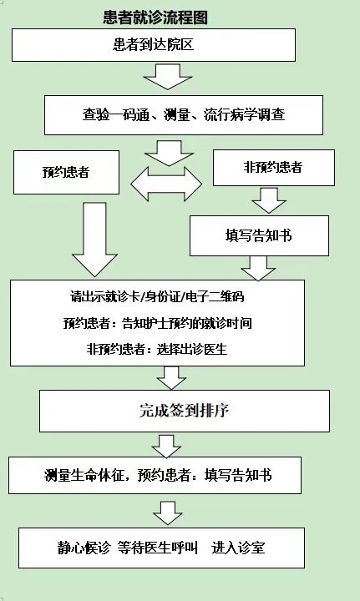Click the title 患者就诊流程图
pos(155,18)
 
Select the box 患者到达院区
pos(154,45)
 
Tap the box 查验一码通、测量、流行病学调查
pos(184,115)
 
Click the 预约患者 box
pos(66,172)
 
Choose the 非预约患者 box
pos(274,168)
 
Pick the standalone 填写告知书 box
pos(259,235)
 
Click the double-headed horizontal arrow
pos(166,184)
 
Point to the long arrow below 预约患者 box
pos(94,240)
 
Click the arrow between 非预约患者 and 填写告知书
pos(269,200)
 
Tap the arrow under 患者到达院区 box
pos(168,77)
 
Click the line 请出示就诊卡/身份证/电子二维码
pos(157,297)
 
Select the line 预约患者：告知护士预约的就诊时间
pos(158,323)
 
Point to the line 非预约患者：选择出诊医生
pos(157,349)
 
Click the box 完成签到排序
pos(185,411)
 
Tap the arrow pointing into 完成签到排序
pos(171,378)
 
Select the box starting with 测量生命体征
pos(155,475)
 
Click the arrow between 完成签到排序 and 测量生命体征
pos(166,446)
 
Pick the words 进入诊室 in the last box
pos(238,548)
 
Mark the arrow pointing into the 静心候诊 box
pos(168,513)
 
